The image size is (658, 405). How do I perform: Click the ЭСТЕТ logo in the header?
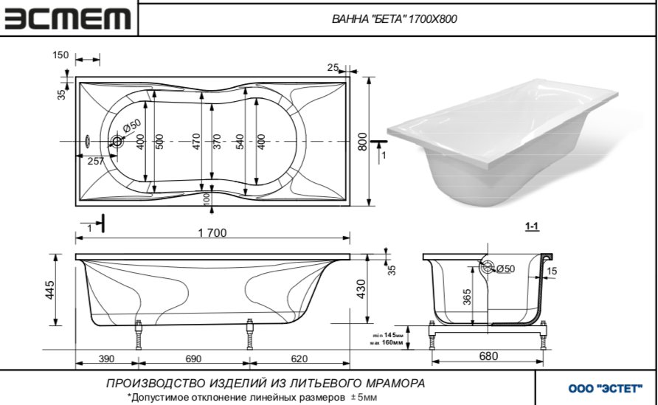(x=68, y=19)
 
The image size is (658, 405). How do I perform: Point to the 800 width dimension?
(x=362, y=140)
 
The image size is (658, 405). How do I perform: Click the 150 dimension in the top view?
(x=60, y=55)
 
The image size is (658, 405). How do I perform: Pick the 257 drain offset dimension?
(x=95, y=161)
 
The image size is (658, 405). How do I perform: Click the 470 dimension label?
(x=196, y=141)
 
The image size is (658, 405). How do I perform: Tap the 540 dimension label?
(x=240, y=141)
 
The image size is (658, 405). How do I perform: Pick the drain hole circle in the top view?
(x=117, y=142)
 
